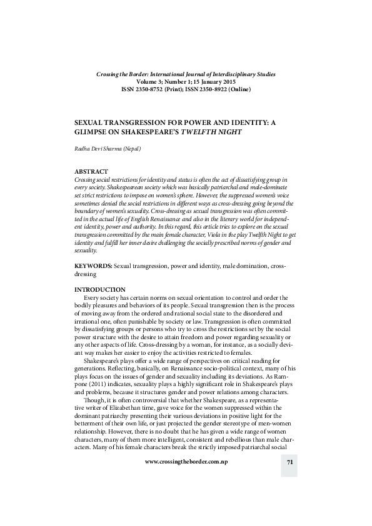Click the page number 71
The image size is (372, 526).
tap(289, 480)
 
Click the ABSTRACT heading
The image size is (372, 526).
tap(91, 171)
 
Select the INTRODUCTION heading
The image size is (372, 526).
tap(100, 290)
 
